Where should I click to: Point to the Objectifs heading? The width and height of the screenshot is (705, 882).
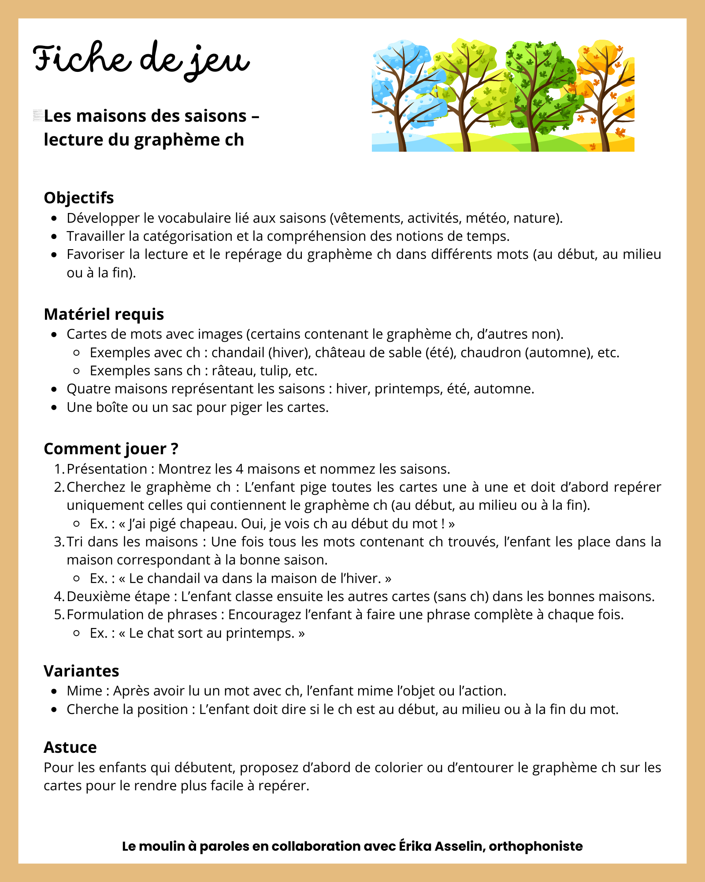pos(79,198)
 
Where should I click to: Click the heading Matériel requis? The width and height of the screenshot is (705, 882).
pos(104,314)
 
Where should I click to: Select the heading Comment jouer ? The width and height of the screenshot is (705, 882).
pos(111,448)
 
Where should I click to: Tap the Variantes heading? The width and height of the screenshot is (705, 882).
pos(82,671)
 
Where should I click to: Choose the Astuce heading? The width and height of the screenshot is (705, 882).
pos(70,747)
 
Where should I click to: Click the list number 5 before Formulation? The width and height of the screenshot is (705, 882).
pos(59,614)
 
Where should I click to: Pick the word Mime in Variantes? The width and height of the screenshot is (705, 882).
pos(85,691)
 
